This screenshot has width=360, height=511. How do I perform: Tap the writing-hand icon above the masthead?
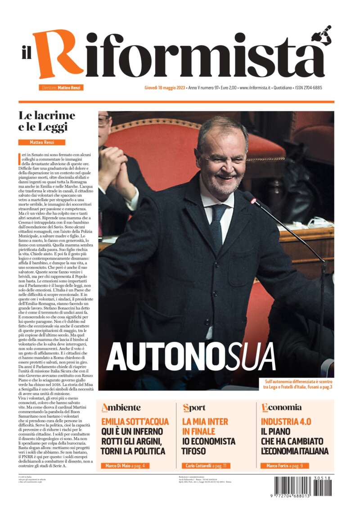tap(322, 35)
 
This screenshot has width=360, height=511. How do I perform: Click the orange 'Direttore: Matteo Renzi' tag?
tap(62, 88)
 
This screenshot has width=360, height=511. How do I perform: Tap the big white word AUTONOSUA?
tap(191, 357)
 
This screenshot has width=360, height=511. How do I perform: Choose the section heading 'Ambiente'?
tap(121, 408)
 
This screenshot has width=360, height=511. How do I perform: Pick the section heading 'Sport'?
tap(194, 408)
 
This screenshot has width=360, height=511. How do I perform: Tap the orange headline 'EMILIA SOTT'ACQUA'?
tap(135, 422)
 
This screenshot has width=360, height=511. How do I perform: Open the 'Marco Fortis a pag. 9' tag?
tap(285, 466)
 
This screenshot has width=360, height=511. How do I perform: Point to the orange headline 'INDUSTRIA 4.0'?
tap(286, 422)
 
